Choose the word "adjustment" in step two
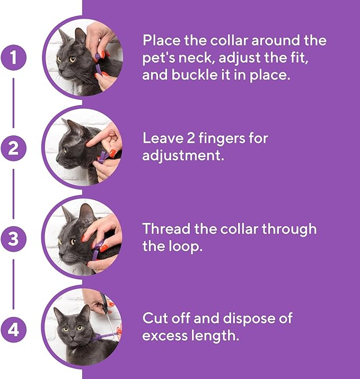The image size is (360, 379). tap(178, 157)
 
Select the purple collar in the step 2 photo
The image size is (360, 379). tap(102, 156)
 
